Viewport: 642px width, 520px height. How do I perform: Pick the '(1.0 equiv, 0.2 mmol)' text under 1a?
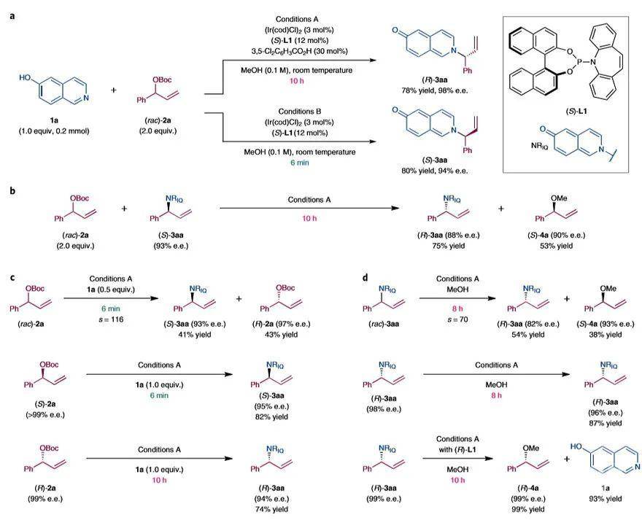(45, 131)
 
